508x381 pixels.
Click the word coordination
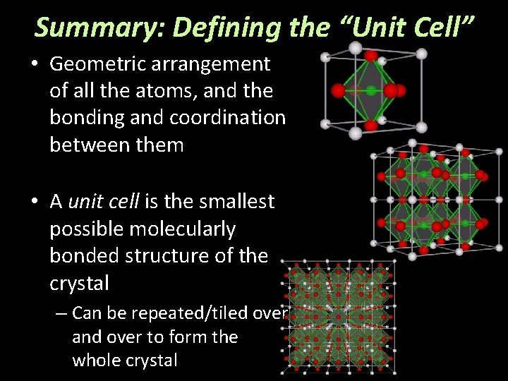tap(237, 118)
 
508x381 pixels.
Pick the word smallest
tap(236, 202)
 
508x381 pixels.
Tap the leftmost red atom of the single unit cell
tap(338, 90)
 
